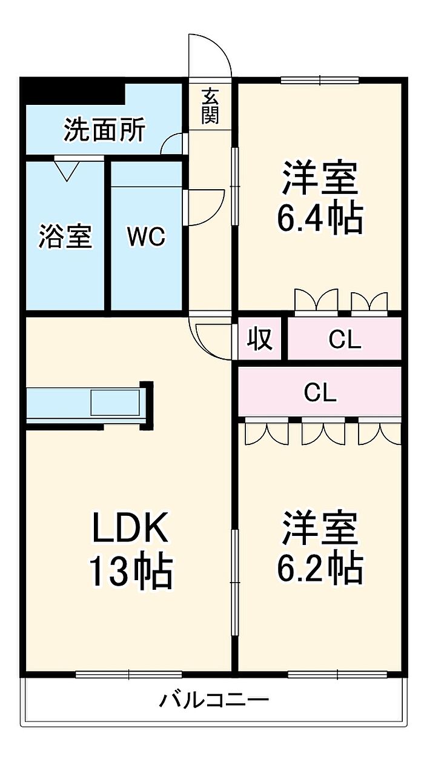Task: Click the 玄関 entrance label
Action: click(210, 106)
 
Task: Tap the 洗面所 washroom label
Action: click(105, 130)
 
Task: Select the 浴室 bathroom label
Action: click(65, 236)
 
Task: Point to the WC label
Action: click(147, 236)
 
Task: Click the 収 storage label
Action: click(260, 338)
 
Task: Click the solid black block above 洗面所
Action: click(73, 91)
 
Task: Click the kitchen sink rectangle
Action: click(115, 403)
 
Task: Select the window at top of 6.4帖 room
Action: click(320, 80)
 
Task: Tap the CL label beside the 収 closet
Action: click(345, 339)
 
